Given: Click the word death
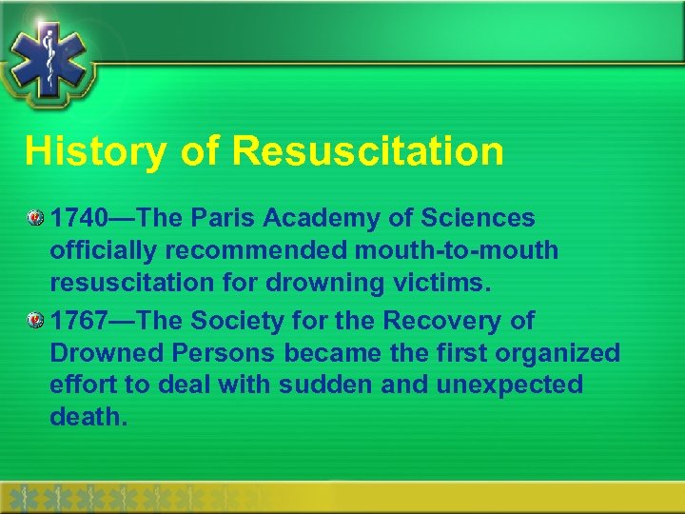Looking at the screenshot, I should click(x=88, y=416).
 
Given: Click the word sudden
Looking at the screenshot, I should click(x=323, y=385).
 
